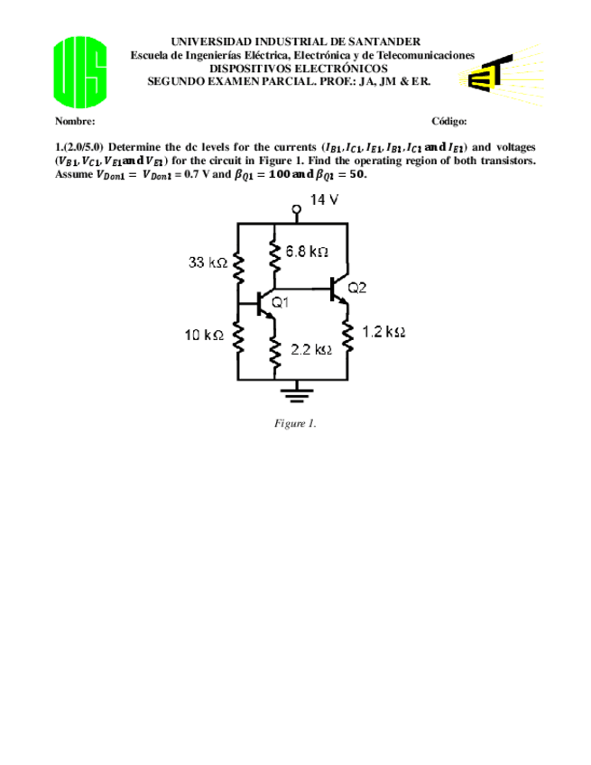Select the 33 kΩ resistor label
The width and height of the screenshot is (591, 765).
[207, 263]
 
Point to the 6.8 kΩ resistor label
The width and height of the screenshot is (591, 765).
[307, 252]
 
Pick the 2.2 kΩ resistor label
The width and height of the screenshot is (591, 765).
[308, 349]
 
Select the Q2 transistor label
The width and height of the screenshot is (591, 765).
[357, 288]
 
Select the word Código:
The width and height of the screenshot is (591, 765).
[449, 121]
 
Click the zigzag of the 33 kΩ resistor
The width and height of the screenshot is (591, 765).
[237, 268]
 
